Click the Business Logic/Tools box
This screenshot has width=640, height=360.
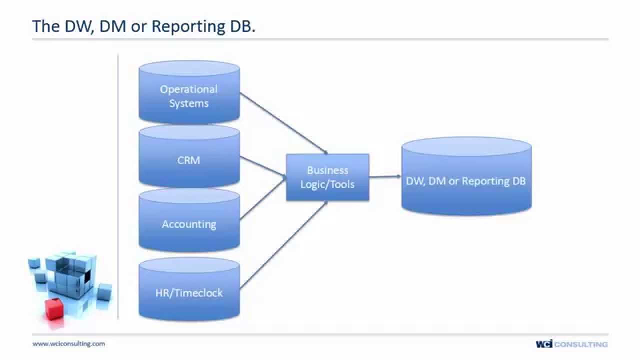327,177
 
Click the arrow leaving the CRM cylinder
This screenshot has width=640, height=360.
262,167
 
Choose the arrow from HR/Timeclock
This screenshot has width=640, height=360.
283,245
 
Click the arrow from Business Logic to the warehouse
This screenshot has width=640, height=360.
385,176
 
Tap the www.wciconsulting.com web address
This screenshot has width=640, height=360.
69,343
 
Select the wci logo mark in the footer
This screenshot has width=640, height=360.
544,344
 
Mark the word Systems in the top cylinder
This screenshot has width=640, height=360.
189,103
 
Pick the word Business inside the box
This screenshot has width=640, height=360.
327,170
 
